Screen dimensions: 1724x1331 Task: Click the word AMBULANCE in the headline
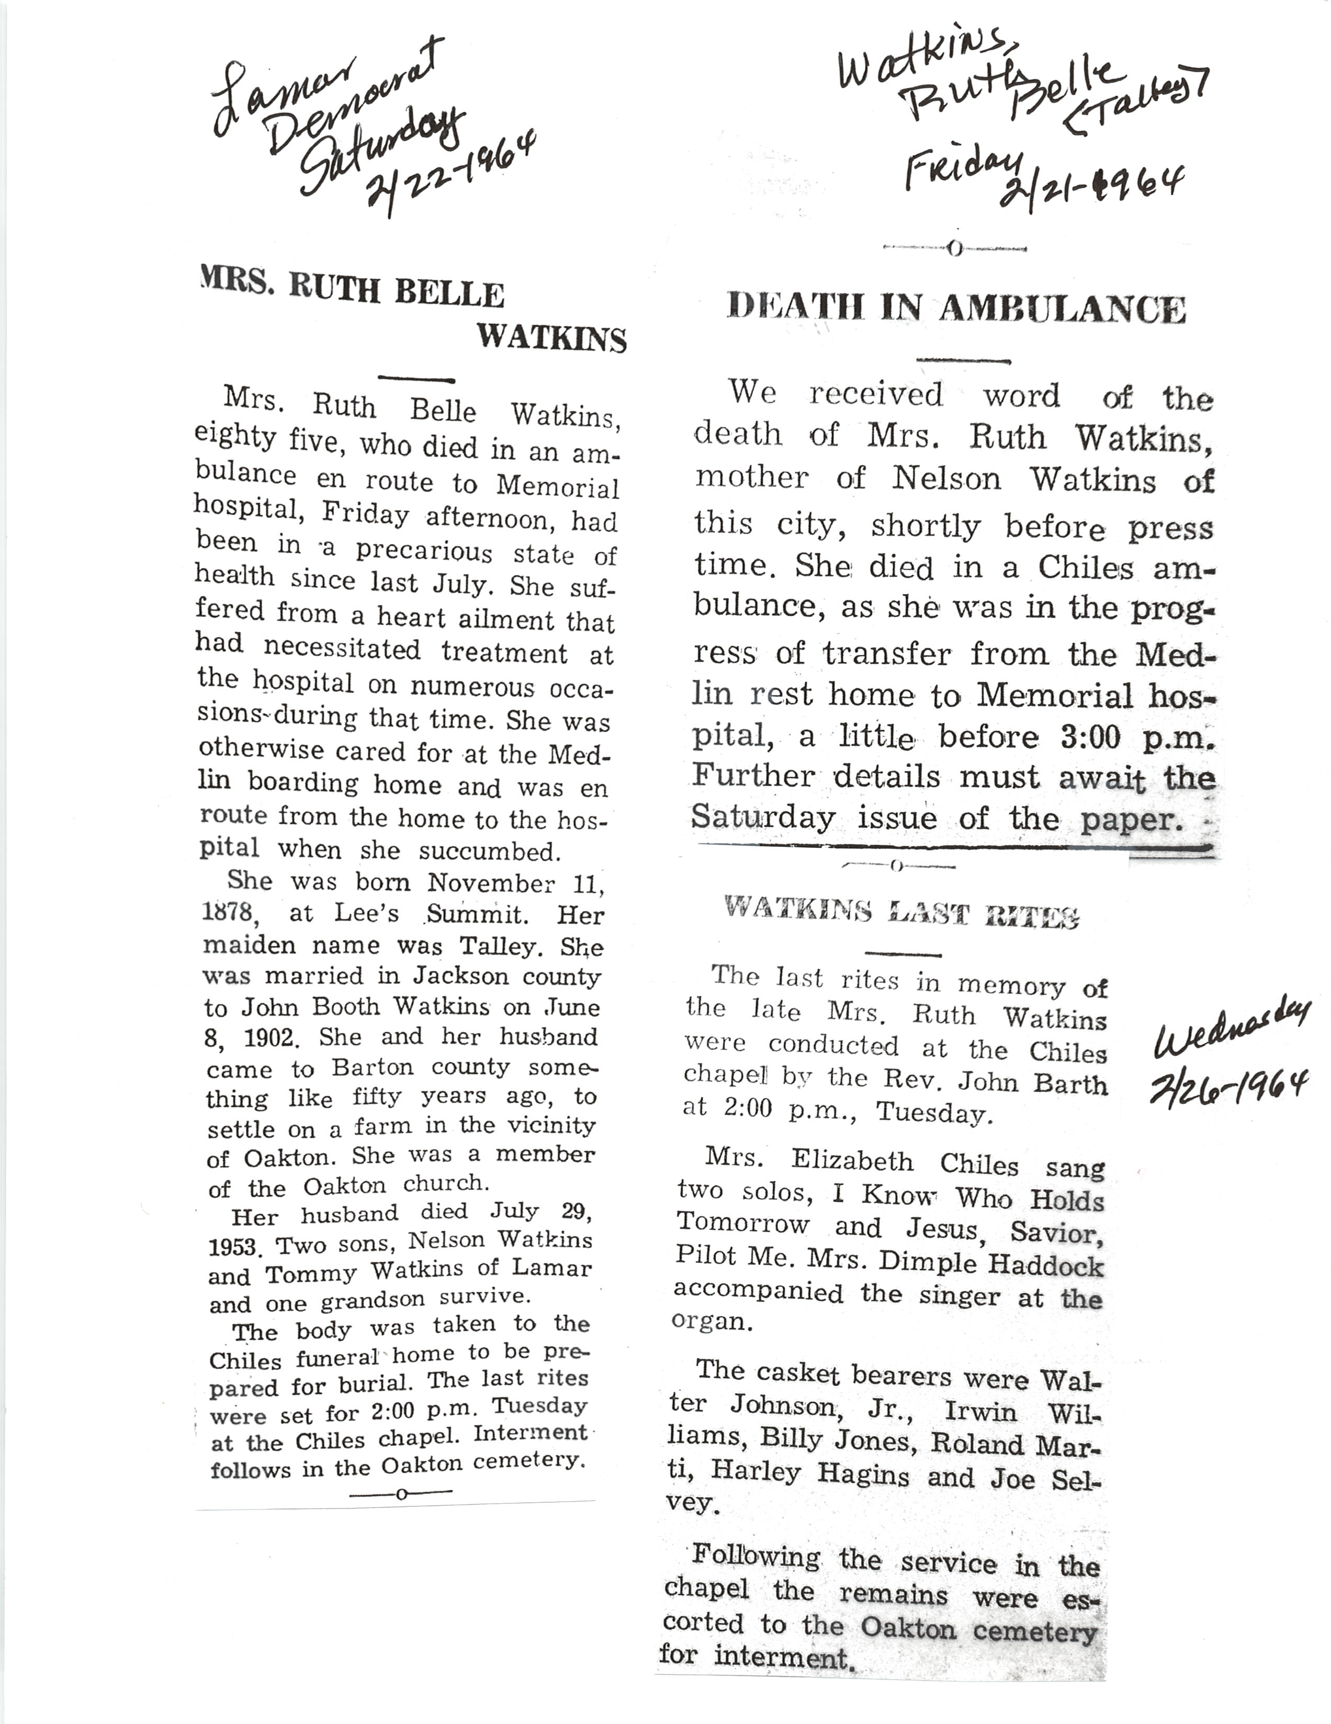tap(1062, 309)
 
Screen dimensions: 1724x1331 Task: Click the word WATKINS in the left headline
tap(551, 338)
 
